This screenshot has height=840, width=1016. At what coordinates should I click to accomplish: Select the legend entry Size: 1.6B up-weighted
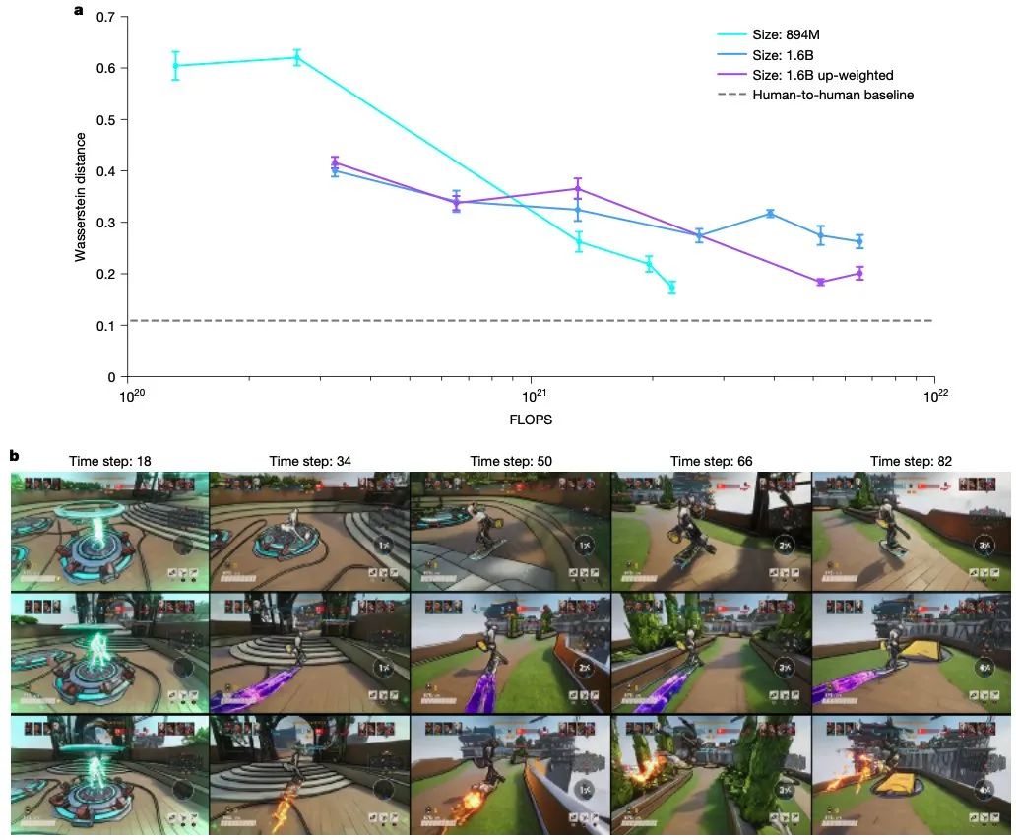pos(822,75)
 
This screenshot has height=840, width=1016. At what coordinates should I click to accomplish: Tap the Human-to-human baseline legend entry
pos(832,96)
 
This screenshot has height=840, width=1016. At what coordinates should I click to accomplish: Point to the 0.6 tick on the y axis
pos(107,69)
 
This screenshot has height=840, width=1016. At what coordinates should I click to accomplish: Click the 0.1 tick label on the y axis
pos(107,326)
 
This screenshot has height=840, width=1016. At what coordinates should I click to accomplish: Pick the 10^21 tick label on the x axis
pos(532,395)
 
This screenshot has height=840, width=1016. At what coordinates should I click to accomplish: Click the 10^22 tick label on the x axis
pos(935,395)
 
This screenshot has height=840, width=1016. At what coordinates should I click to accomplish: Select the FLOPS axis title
pos(531,420)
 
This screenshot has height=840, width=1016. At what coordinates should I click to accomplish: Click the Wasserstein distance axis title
pos(81,197)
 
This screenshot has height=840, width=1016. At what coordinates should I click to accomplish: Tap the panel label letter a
pos(78,11)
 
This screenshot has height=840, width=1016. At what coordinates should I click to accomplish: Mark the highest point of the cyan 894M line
pos(296,58)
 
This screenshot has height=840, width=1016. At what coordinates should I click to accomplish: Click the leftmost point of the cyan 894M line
pos(175,66)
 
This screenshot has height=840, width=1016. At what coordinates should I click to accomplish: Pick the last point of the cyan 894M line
pos(671,288)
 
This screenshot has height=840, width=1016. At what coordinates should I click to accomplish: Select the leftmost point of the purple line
pos(335,162)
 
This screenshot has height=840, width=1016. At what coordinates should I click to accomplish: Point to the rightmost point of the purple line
pos(859,273)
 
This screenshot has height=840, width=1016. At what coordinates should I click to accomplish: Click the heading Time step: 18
pos(109,461)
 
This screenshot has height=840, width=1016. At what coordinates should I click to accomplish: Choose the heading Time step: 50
pos(510,461)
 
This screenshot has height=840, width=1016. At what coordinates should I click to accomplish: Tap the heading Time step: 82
pos(911,461)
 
